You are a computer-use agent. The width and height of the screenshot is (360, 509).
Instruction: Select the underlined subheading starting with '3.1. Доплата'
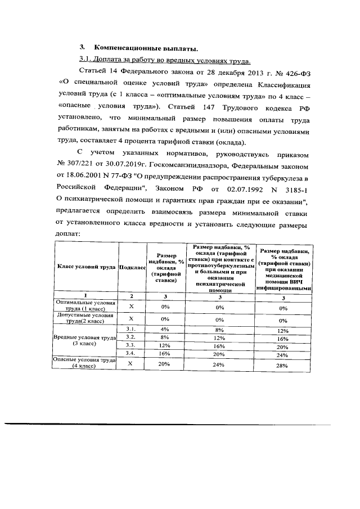(164, 59)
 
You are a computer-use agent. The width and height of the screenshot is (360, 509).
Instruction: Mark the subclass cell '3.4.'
(132, 369)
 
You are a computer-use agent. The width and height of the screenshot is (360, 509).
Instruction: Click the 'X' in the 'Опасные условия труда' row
(132, 381)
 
